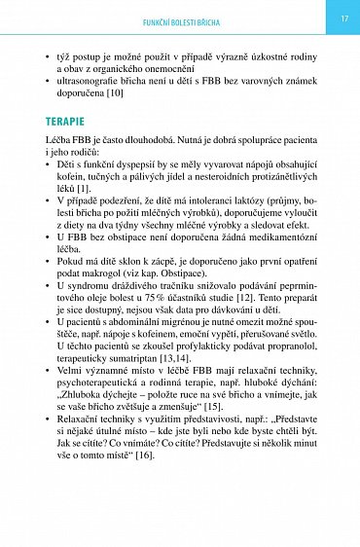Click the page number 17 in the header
pyautogui.click(x=343, y=19)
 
